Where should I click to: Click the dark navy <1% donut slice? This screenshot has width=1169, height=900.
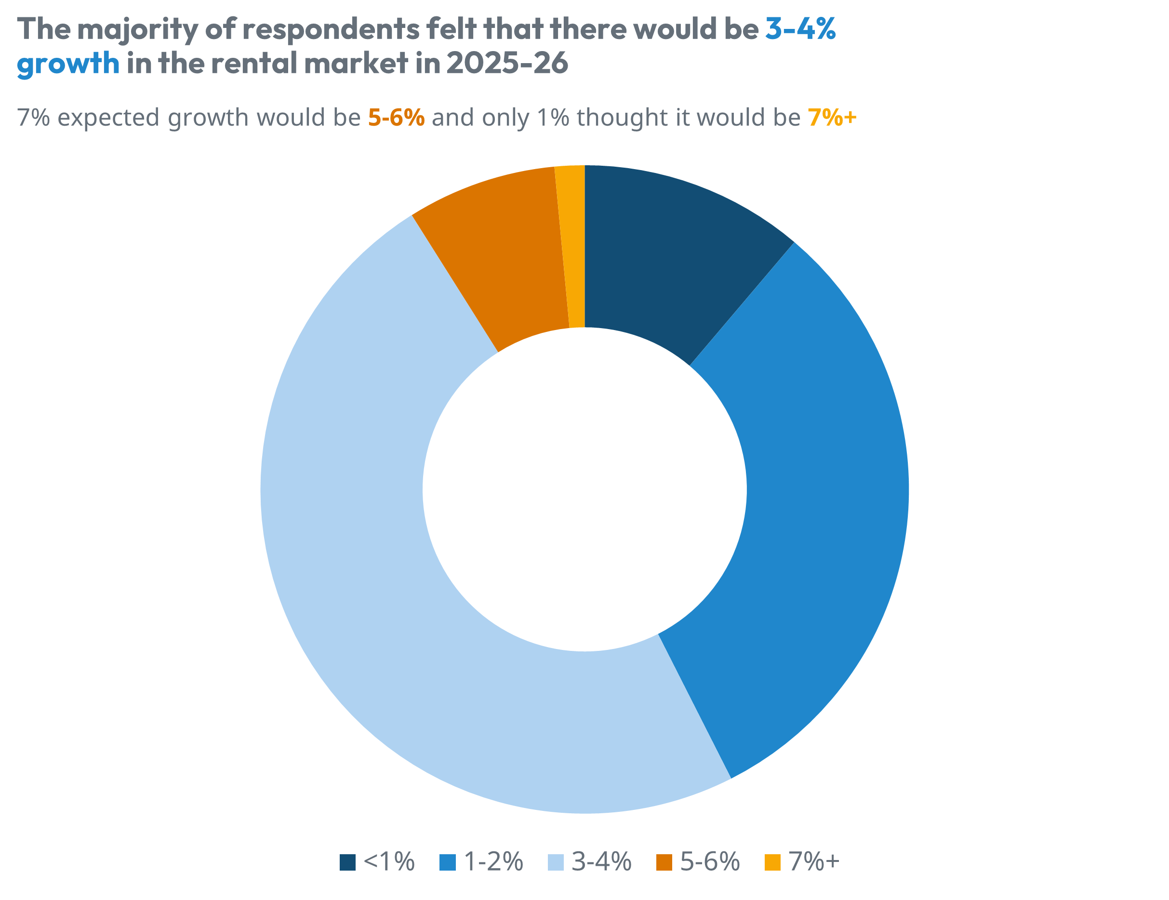click(x=669, y=251)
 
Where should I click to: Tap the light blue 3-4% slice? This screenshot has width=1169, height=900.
click(x=375, y=562)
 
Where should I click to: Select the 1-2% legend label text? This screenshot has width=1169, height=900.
click(x=493, y=862)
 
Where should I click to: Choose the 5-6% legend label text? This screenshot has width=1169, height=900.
click(x=710, y=862)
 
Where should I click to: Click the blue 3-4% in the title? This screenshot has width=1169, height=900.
click(x=800, y=29)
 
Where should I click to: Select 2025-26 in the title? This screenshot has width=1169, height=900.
click(x=507, y=63)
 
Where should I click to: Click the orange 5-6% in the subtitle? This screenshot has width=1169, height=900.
click(x=396, y=118)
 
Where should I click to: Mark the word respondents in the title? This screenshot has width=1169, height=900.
click(x=331, y=30)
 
